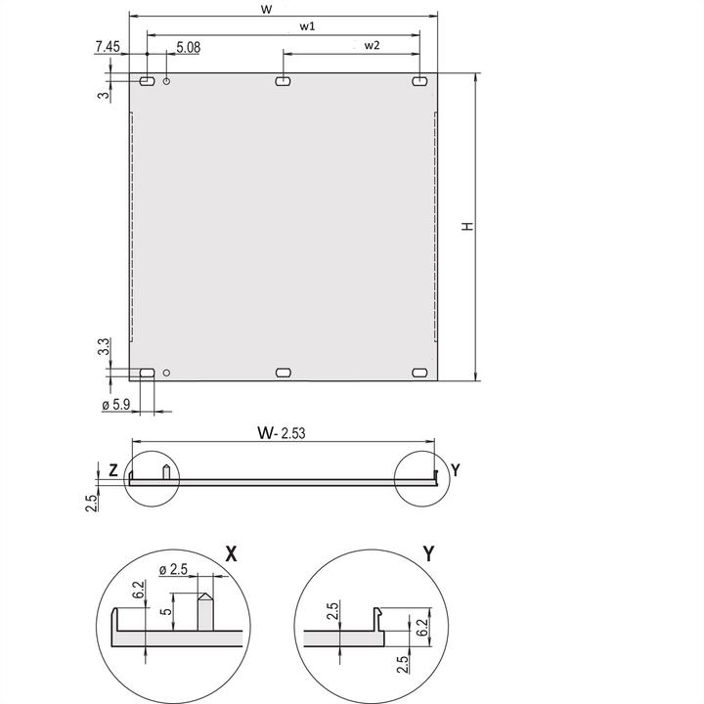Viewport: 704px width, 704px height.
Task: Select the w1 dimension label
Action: [306, 26]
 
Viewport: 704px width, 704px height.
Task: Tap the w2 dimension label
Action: [372, 45]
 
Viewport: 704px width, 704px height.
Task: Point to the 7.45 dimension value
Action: [108, 46]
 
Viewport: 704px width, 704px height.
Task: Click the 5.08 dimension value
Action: [190, 46]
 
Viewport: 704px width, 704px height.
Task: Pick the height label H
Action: [468, 226]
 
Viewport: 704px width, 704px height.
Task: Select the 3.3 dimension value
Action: [104, 347]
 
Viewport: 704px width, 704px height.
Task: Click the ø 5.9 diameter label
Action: [116, 405]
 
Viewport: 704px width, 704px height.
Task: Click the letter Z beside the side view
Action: [112, 471]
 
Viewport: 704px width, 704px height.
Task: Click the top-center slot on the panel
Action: [283, 82]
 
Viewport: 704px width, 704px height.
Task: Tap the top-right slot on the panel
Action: [419, 82]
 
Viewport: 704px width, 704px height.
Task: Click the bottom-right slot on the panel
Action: [420, 373]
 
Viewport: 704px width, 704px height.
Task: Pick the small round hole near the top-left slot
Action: [167, 82]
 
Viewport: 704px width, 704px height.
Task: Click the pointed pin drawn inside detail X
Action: [205, 611]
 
